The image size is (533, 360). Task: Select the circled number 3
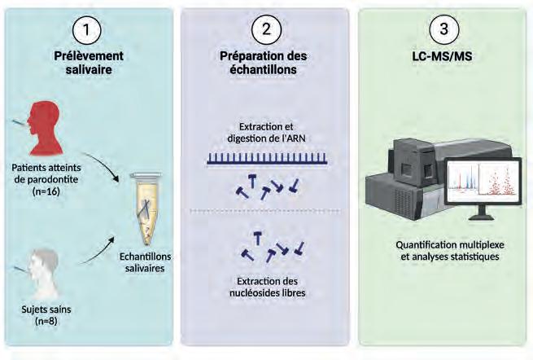[443, 29]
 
